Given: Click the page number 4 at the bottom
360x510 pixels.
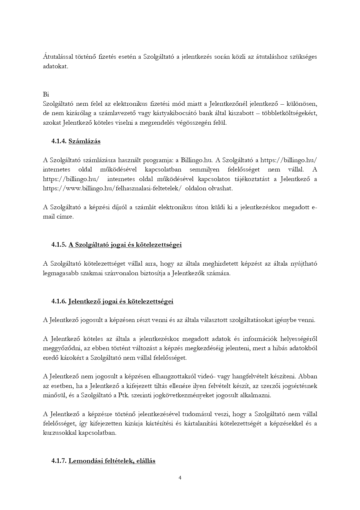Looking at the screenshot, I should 180,478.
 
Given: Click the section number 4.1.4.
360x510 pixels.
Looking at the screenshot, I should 59,141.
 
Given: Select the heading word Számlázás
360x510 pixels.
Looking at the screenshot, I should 84,141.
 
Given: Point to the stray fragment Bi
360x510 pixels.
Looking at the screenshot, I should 46,94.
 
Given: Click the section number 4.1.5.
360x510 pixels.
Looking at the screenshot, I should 59,245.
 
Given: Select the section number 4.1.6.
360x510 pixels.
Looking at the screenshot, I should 59,301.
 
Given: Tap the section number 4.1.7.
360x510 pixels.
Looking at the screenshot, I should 59,461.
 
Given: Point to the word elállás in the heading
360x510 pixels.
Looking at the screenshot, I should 146,461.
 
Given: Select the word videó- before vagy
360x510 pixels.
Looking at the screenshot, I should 206,377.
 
